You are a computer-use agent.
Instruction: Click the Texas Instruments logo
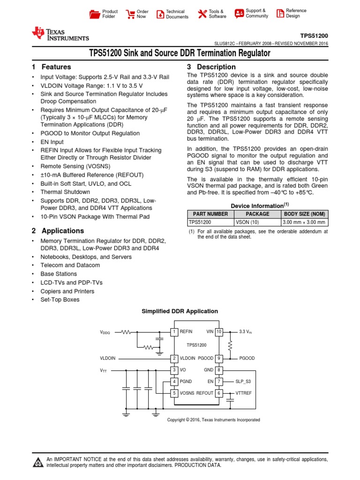pyautogui.click(x=60, y=34)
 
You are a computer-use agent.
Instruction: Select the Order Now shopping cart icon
pyautogui.click(x=129, y=14)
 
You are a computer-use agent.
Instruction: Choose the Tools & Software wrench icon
pyautogui.click(x=202, y=14)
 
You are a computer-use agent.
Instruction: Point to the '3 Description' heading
pyautogui.click(x=211, y=67)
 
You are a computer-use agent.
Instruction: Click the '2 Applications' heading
pyautogui.click(x=58, y=231)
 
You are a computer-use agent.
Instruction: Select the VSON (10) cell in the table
pyautogui.click(x=257, y=223)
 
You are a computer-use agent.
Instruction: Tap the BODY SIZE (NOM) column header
pyautogui.click(x=304, y=214)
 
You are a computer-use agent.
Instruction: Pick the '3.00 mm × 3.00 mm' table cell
pyautogui.click(x=304, y=223)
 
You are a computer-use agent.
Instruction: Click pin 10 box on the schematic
pyautogui.click(x=219, y=331)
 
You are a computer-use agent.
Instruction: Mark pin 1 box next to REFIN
pyautogui.click(x=174, y=331)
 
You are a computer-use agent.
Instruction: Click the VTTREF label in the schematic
pyautogui.click(x=243, y=393)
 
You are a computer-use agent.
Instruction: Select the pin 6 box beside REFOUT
pyautogui.click(x=219, y=393)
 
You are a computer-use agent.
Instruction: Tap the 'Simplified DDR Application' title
pyautogui.click(x=180, y=311)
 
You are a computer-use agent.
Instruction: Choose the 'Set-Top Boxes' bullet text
pyautogui.click(x=60, y=300)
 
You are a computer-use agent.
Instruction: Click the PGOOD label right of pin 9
pyautogui.click(x=247, y=358)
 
